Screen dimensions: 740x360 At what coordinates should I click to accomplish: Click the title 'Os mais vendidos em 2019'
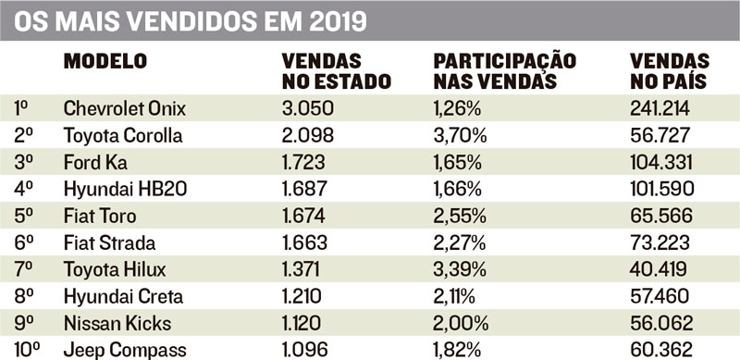(x=191, y=21)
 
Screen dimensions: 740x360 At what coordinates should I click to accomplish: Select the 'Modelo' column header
(x=105, y=61)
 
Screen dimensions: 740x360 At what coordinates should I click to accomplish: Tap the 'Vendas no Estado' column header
(x=337, y=71)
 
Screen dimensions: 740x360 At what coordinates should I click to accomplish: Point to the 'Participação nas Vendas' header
(x=505, y=71)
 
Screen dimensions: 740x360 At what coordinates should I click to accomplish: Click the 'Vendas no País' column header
(x=670, y=71)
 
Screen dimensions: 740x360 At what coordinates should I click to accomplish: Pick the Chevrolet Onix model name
(x=125, y=108)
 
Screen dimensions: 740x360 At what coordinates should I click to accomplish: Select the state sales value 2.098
(x=308, y=136)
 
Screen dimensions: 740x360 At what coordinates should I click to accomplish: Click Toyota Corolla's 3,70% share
(x=460, y=136)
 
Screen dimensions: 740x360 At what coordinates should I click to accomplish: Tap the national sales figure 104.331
(x=661, y=163)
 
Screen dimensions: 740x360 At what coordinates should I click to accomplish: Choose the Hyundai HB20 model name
(x=125, y=190)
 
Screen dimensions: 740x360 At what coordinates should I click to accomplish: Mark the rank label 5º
(x=20, y=217)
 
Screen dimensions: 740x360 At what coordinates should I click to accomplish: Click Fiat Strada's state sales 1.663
(x=304, y=243)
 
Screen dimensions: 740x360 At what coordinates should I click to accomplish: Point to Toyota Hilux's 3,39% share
(x=460, y=270)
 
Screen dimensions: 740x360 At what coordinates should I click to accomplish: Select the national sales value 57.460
(x=660, y=297)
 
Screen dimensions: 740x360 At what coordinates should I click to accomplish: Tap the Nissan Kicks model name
(x=117, y=324)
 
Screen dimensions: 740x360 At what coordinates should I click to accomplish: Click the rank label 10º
(x=27, y=351)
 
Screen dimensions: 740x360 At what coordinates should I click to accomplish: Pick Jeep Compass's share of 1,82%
(x=457, y=351)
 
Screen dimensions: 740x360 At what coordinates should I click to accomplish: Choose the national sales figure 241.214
(x=660, y=108)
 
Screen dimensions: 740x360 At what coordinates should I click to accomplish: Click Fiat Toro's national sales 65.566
(x=661, y=217)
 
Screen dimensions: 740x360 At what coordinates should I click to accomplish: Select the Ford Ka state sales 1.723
(x=303, y=163)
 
